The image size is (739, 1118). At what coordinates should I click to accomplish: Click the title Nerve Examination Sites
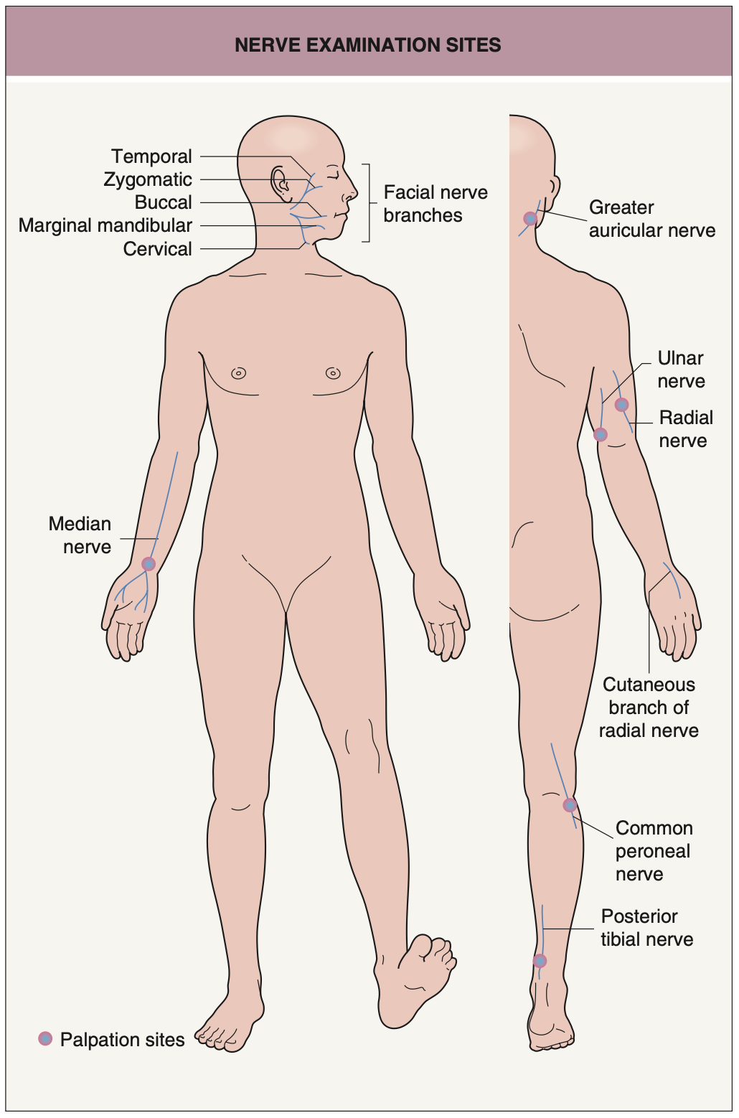pos(368,45)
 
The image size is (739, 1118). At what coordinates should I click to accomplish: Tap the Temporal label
pos(151,156)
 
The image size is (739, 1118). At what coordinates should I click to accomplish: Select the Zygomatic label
pos(148,179)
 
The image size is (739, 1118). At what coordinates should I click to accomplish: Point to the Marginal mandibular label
pos(105,225)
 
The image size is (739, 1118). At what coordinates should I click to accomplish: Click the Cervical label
pos(157,249)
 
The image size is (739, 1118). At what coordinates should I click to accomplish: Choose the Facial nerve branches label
pos(435,204)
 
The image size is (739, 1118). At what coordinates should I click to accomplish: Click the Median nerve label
pos(80,535)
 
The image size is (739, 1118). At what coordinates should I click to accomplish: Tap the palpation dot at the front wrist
pos(149,564)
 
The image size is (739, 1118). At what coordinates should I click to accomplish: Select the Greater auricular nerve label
pos(651,219)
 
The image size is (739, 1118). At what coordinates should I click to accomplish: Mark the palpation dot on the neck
pos(530,219)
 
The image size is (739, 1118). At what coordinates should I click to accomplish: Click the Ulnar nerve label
pos(680,370)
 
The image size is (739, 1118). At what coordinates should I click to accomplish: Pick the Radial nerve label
pos(685,429)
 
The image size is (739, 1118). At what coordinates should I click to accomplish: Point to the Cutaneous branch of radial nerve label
pos(649,708)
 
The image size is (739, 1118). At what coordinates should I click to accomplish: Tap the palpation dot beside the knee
pos(570,805)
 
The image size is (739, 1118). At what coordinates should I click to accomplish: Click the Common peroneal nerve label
pos(653,851)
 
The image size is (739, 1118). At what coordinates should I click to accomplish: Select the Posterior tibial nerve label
pos(646,928)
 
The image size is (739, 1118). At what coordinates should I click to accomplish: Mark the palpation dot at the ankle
pos(540,961)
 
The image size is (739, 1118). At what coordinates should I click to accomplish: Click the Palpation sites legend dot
pos(45,1038)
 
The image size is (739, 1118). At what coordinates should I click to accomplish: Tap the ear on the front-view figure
pos(280,182)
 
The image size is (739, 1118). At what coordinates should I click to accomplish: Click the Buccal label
pos(163,202)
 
